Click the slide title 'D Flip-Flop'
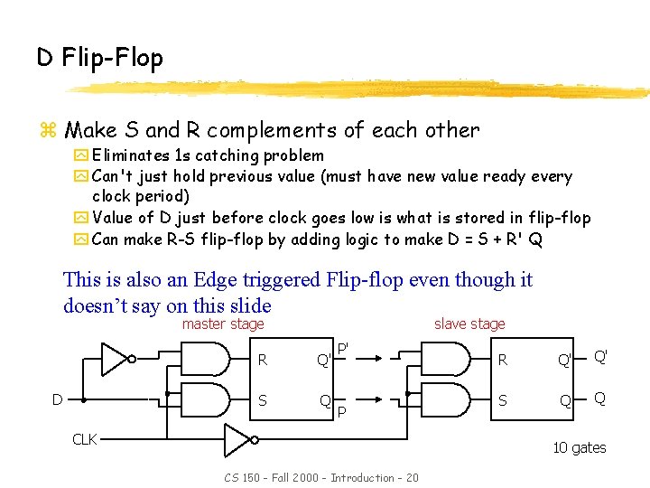pyautogui.click(x=99, y=59)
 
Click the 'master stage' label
pyautogui.click(x=223, y=324)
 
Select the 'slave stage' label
pyautogui.click(x=469, y=324)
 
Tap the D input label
pyautogui.click(x=57, y=399)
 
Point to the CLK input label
pyautogui.click(x=84, y=439)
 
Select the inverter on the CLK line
pyautogui.click(x=240, y=440)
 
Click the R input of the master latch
pyautogui.click(x=262, y=360)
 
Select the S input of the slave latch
pyautogui.click(x=504, y=398)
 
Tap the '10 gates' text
pyautogui.click(x=579, y=447)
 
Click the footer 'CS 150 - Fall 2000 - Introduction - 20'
pyautogui.click(x=320, y=477)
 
